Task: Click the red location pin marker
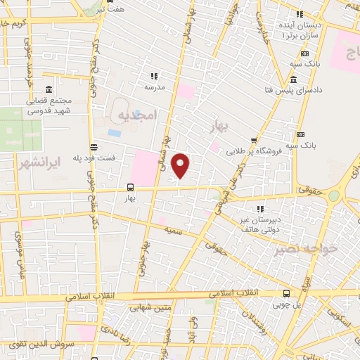coord(181,165)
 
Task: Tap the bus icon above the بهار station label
coord(130,187)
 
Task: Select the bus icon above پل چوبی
coord(285,293)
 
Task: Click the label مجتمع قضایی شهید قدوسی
coord(50,105)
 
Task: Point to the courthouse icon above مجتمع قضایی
coord(48,90)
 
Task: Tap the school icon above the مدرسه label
coord(153,76)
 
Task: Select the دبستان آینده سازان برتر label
coord(302,30)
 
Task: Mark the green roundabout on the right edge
coord(333,196)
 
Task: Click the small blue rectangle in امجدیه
coord(114,132)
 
